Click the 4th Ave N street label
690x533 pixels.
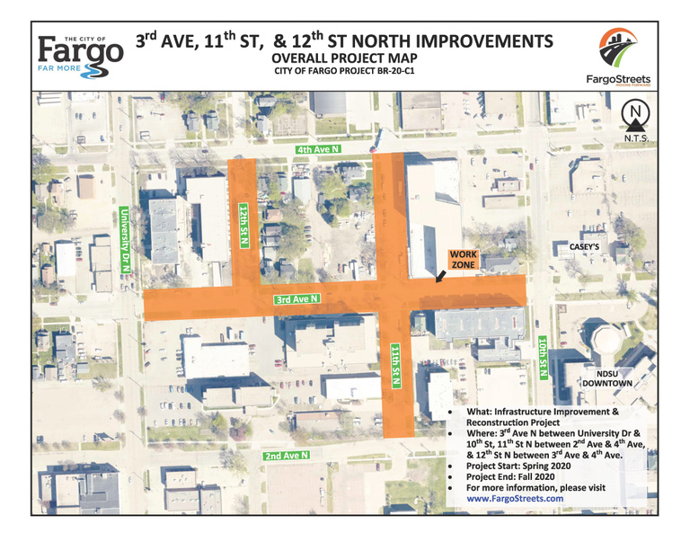320,149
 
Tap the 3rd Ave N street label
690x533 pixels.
298,300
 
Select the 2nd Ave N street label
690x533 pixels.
287,456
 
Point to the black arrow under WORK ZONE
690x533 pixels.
441,277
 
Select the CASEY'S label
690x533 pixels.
585,246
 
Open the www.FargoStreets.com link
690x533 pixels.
515,497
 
